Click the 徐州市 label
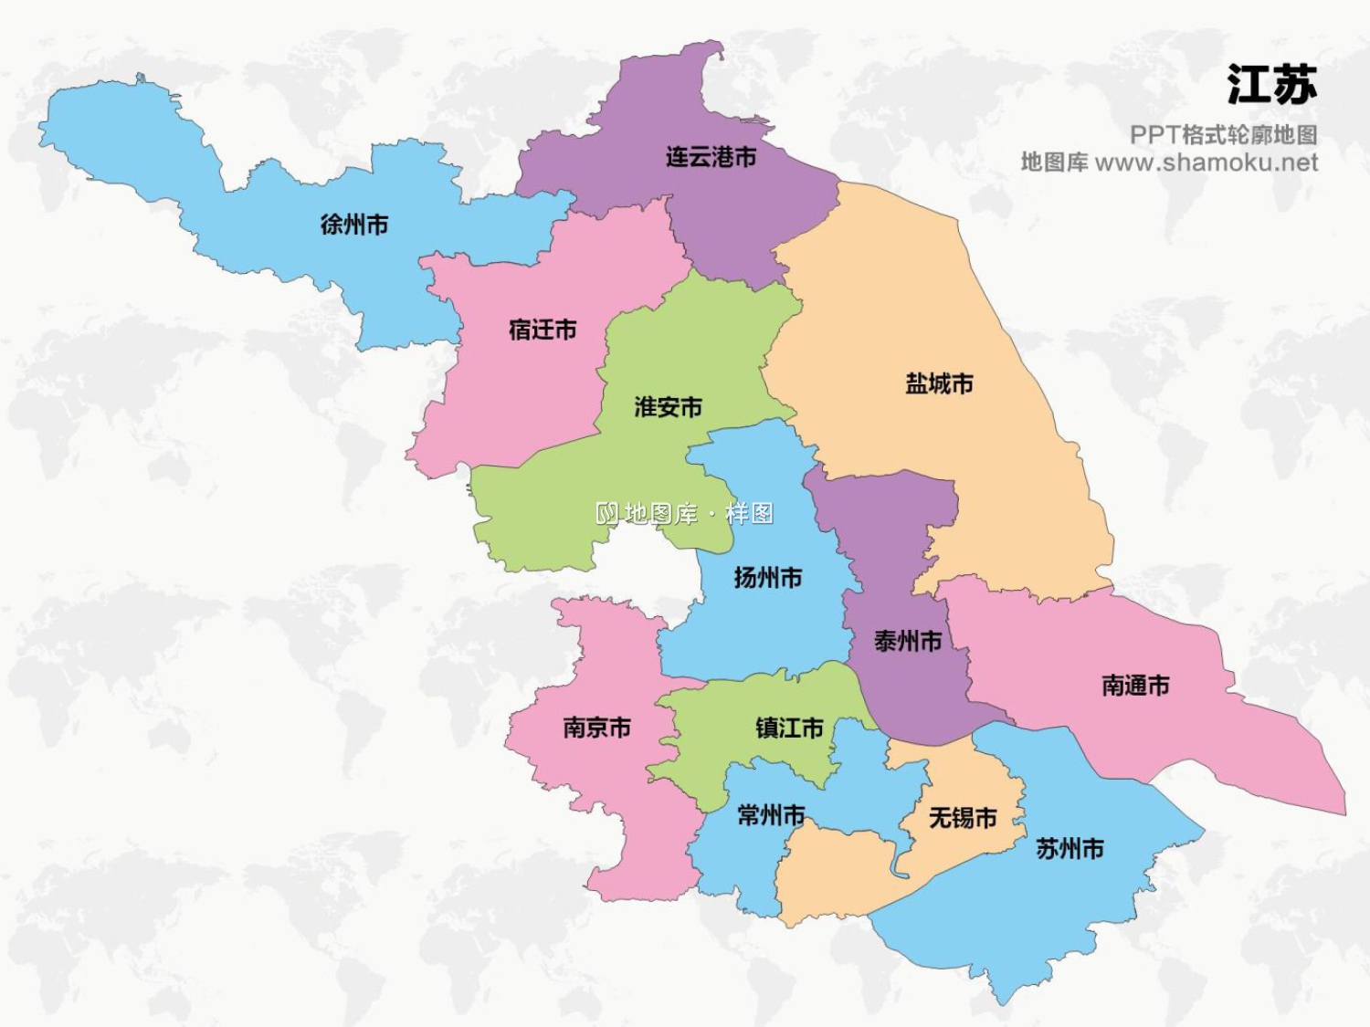(x=354, y=225)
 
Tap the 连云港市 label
(x=711, y=157)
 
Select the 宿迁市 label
(x=543, y=330)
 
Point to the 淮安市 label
(x=669, y=407)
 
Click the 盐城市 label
(x=939, y=383)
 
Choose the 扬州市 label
(x=767, y=578)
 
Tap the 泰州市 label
(x=908, y=642)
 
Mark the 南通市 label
(x=1135, y=686)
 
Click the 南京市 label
(x=596, y=728)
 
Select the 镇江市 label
(x=789, y=728)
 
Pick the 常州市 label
(x=771, y=815)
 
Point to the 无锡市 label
(x=963, y=818)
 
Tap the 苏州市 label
(x=1070, y=849)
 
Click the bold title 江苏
(x=1271, y=85)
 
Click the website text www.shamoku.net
(x=1206, y=163)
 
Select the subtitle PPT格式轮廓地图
(x=1223, y=135)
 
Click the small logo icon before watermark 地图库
(x=607, y=514)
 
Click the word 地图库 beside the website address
(x=1054, y=163)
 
